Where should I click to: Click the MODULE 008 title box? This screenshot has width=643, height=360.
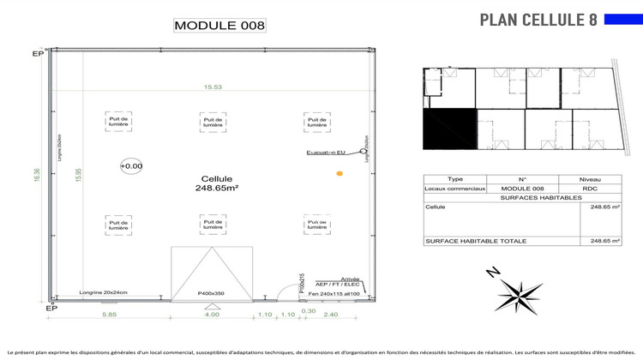coord(219,25)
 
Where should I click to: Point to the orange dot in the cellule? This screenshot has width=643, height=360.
coord(340,174)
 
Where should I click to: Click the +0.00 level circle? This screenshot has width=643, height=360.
coord(131,165)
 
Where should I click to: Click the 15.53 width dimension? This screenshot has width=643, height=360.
coord(213,87)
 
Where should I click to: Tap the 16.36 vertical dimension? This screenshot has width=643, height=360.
coord(36,174)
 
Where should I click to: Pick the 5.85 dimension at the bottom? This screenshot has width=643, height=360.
coord(109,315)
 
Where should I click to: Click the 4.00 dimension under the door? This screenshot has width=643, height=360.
coord(212,315)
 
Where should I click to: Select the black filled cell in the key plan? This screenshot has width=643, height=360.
coord(449,128)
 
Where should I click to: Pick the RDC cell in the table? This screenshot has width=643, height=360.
coord(589,188)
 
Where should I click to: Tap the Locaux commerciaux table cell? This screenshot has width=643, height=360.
coord(455,188)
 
